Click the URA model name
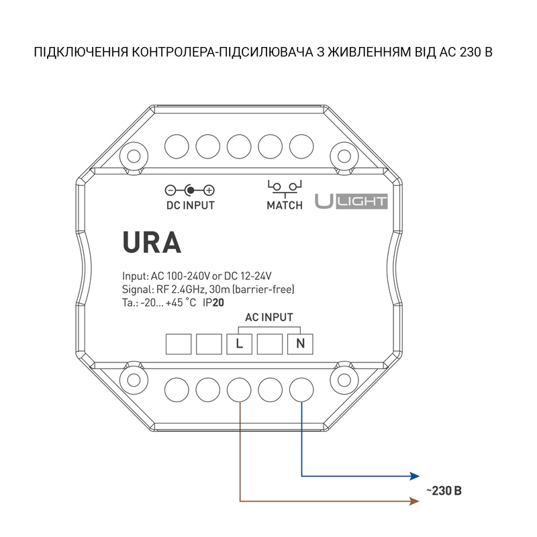click(x=152, y=242)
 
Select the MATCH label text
click(x=285, y=205)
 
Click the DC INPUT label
click(x=190, y=205)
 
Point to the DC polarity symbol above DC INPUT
click(x=190, y=190)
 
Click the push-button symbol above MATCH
click(x=285, y=186)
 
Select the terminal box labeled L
click(x=240, y=345)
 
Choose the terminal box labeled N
click(x=300, y=345)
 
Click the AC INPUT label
click(x=270, y=318)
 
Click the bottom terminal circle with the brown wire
click(x=240, y=389)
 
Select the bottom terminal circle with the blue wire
click(x=301, y=389)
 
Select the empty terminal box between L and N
click(x=270, y=345)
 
